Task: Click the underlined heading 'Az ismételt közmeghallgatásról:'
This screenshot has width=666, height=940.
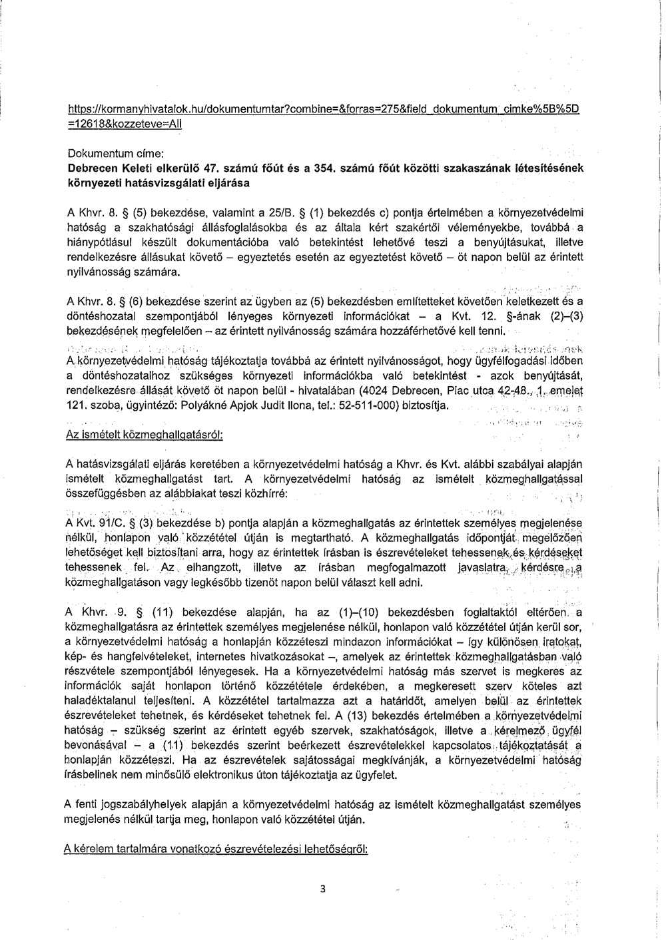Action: point(143,434)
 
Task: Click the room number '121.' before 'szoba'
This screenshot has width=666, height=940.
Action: point(75,405)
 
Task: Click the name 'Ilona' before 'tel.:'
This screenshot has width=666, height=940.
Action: point(302,405)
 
